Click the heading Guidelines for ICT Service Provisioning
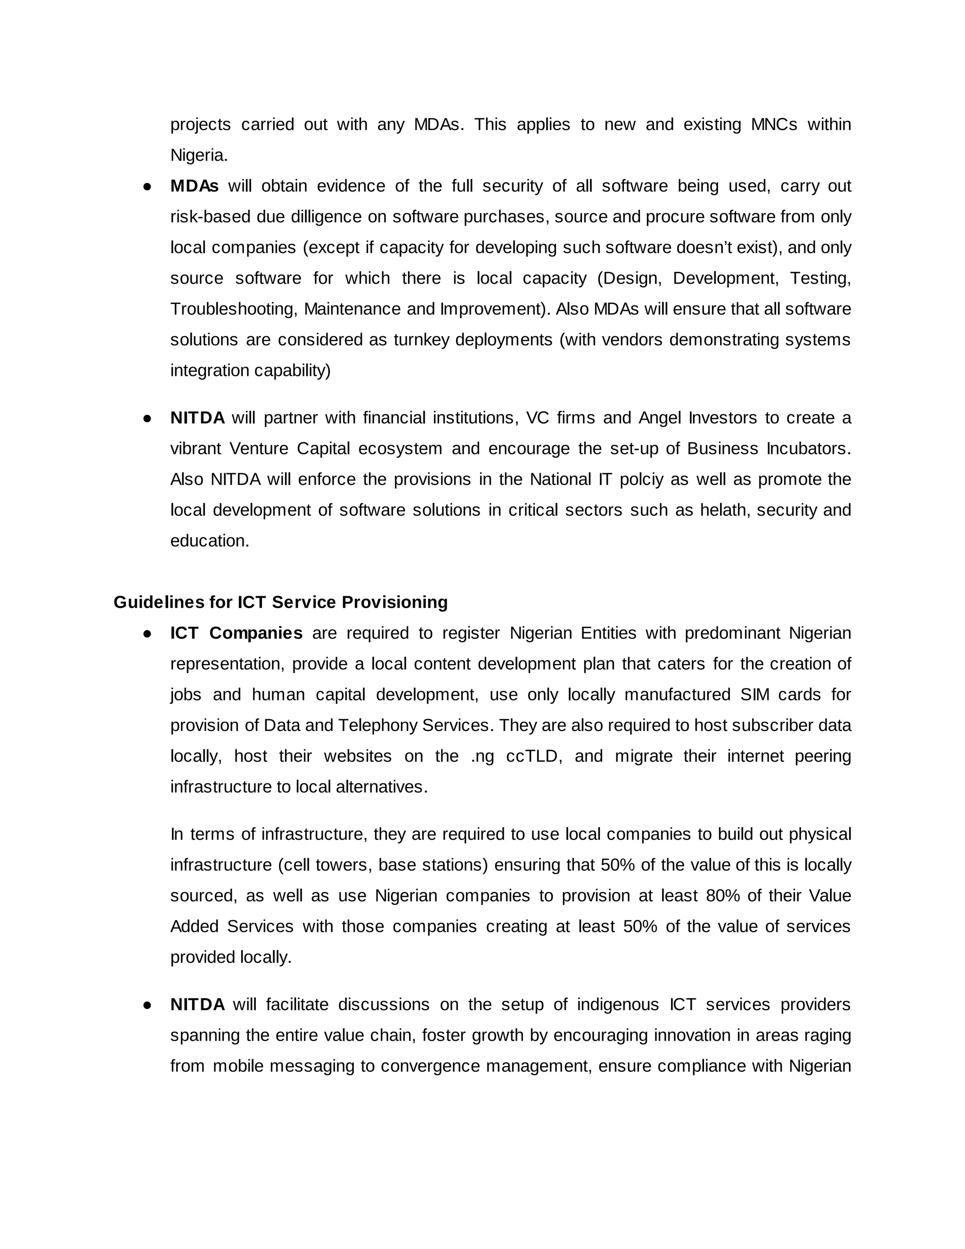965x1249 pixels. pos(280,602)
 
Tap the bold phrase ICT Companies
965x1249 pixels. pos(236,633)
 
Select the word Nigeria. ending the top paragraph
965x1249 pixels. pos(199,155)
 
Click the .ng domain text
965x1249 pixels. pos(482,756)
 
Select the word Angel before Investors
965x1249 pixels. pos(660,418)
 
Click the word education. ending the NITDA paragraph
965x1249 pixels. pos(210,541)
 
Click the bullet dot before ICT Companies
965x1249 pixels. pos(147,633)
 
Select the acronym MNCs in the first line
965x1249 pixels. pos(774,125)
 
